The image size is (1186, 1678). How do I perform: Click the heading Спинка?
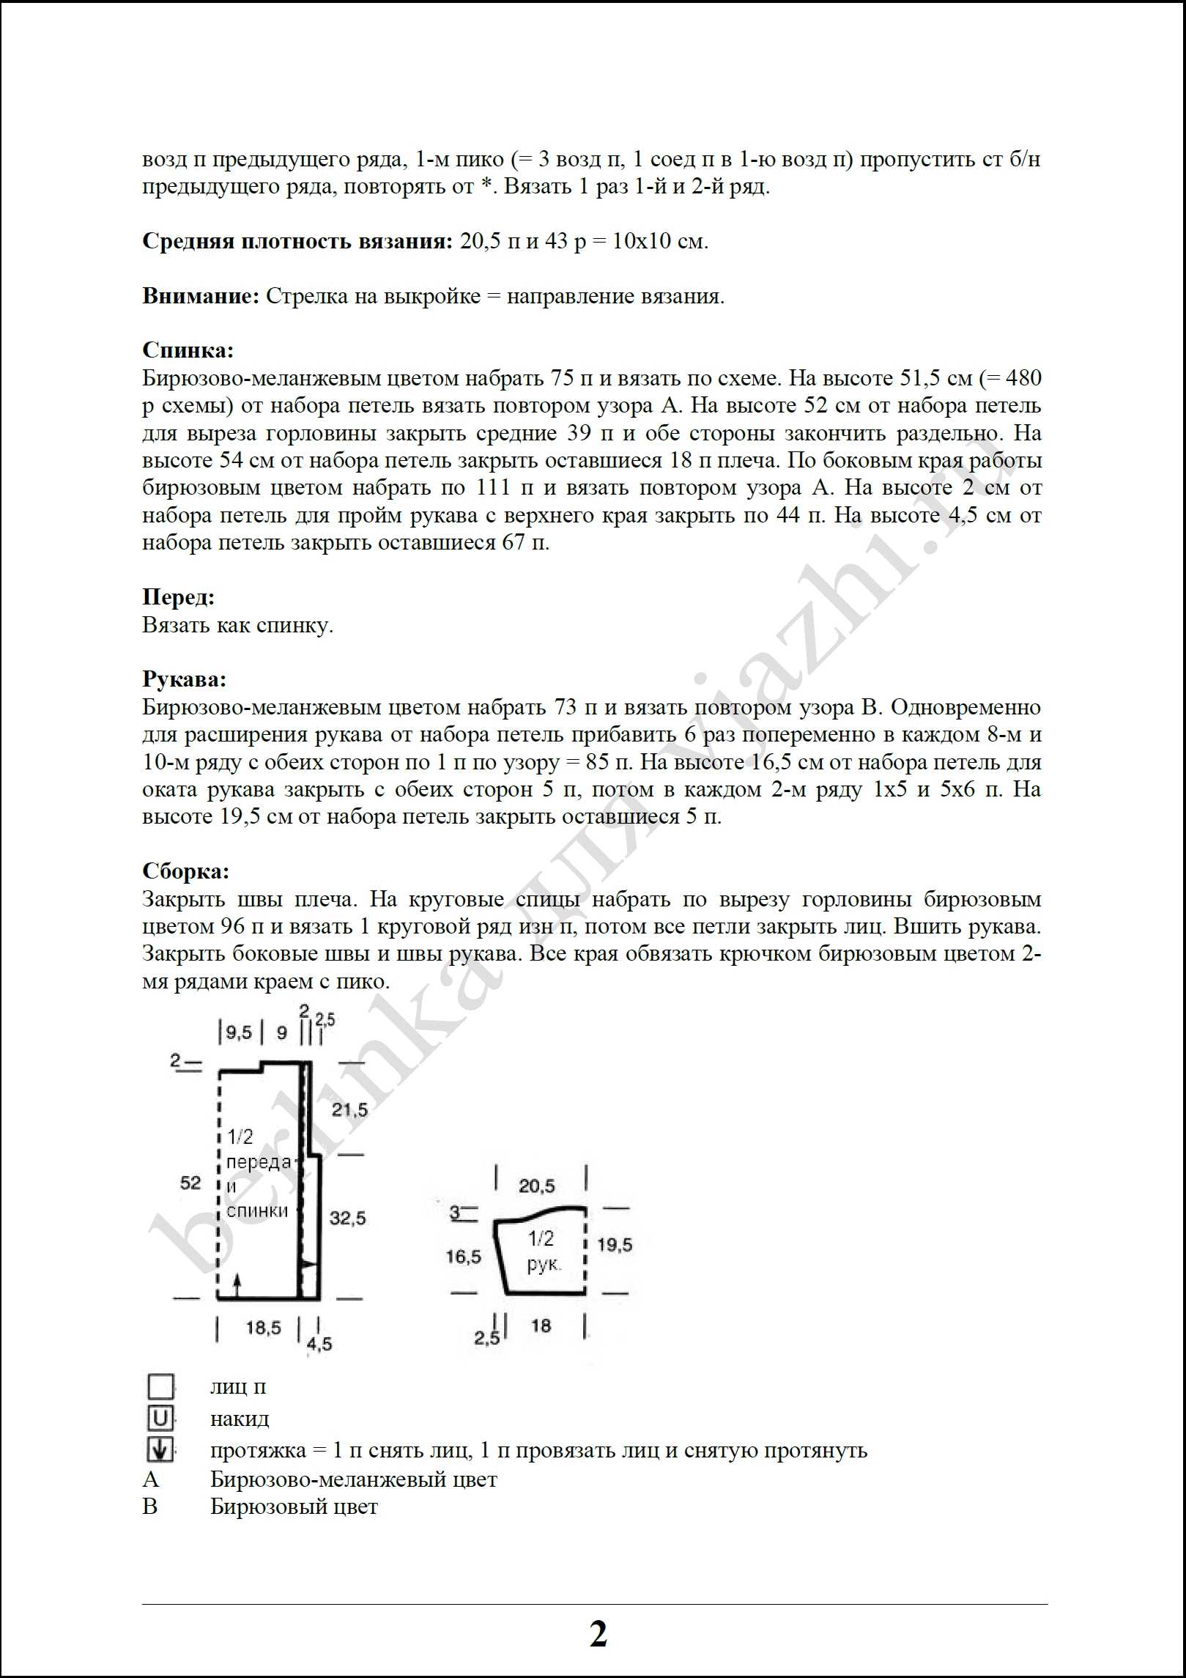(188, 350)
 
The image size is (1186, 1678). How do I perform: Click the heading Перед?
(178, 597)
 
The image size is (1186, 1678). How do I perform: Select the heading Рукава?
(184, 679)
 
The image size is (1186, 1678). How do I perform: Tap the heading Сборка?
(185, 871)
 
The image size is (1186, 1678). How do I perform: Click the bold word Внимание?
(201, 296)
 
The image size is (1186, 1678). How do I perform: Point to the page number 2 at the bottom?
(598, 1633)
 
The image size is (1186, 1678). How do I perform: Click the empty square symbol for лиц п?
(160, 1386)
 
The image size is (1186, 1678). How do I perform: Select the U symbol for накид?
(160, 1419)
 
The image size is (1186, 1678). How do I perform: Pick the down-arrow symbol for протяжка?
(160, 1450)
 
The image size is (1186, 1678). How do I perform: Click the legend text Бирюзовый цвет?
(294, 1507)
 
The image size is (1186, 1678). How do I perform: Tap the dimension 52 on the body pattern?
(190, 1183)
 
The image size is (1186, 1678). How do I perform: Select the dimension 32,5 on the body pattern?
(347, 1218)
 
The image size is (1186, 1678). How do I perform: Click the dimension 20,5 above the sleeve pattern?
(537, 1186)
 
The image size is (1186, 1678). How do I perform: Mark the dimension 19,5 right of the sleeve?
(614, 1244)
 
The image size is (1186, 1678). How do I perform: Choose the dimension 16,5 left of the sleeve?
(464, 1257)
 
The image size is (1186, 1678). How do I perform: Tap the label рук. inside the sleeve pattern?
(544, 1265)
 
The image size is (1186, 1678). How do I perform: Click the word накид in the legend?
(240, 1419)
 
